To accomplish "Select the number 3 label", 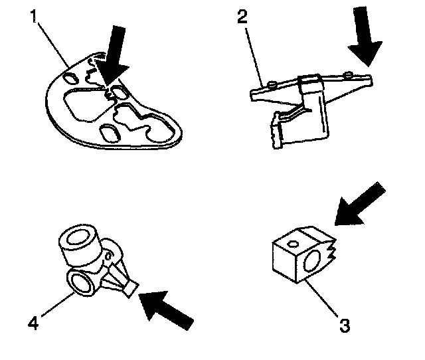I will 345,325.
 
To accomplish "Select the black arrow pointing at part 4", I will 166,308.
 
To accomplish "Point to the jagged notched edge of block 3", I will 331,251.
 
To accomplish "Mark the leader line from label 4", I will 56,305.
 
